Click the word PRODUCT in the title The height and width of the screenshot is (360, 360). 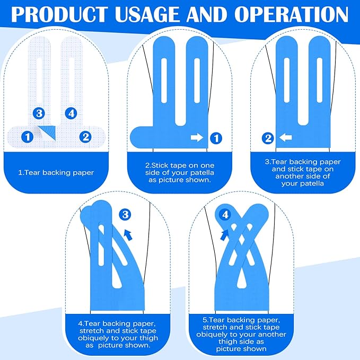pos(59,14)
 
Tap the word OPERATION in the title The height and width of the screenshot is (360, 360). pos(291,14)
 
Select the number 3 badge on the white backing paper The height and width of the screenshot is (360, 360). pos(39,113)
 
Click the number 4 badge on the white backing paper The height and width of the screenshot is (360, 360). pos(71,113)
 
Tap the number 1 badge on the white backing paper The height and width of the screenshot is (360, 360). pos(28,137)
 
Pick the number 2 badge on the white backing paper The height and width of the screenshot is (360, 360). pos(85,137)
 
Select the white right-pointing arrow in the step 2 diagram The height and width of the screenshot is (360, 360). pos(197,138)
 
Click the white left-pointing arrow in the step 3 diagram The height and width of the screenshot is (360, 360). pos(286,138)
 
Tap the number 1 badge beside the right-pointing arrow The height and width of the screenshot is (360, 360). pos(216,138)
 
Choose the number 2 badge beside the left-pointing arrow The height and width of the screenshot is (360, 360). pos(268,138)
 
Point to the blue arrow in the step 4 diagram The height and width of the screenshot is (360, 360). pos(128,235)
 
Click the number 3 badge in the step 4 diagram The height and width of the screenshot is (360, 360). pos(125,215)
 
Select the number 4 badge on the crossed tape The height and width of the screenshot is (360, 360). pos(225,215)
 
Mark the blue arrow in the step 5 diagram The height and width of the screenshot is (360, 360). pos(225,235)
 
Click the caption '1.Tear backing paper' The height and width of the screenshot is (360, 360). pos(56,172)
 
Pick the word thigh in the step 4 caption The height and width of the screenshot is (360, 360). pos(148,338)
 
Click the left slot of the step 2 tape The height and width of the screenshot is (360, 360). pos(164,81)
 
